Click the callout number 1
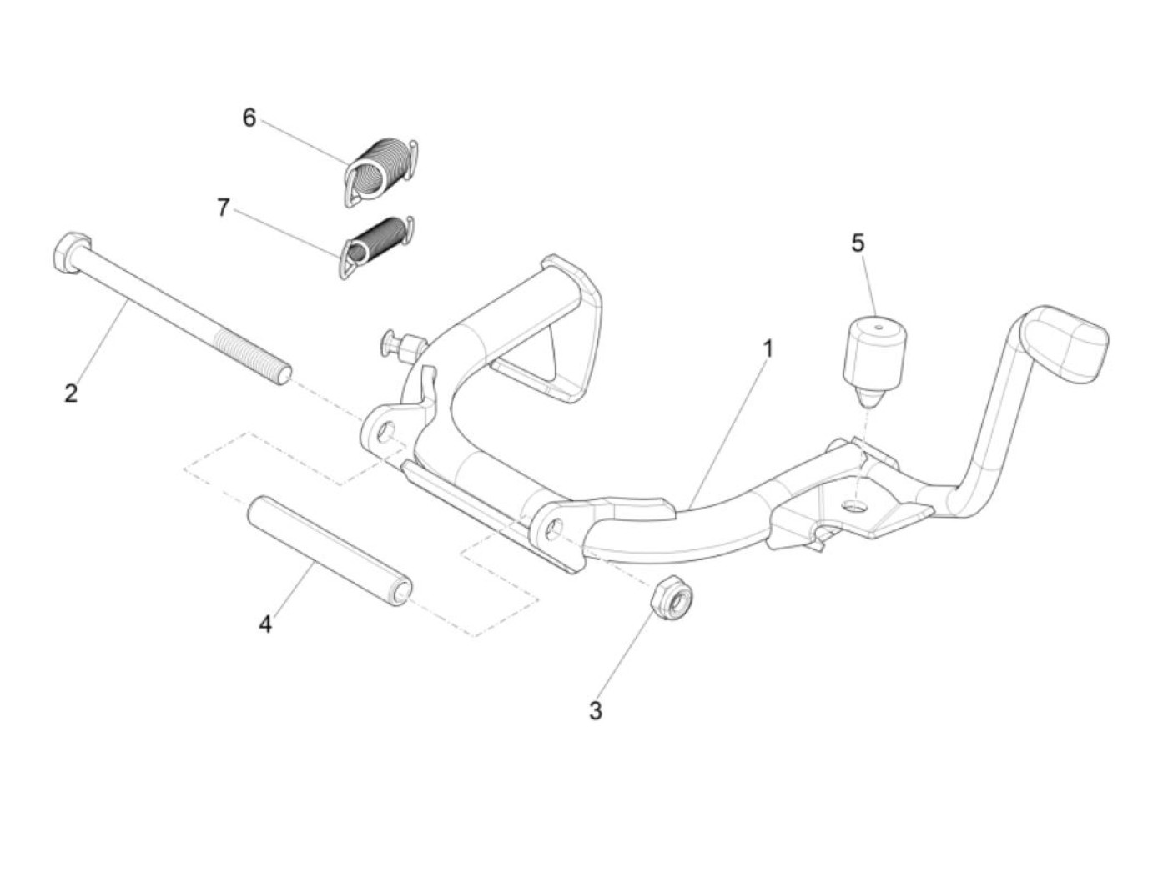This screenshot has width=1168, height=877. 767,348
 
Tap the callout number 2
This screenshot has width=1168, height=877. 71,393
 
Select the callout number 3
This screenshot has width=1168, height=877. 595,711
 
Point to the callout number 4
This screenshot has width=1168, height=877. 265,623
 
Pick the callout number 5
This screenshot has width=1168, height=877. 858,243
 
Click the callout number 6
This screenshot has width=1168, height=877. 249,118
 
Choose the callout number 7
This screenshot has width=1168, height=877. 223,208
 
